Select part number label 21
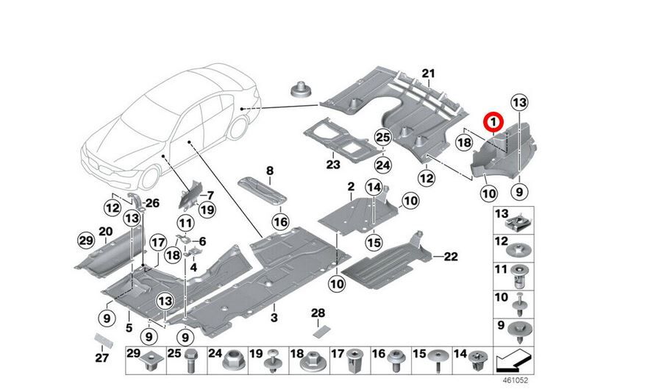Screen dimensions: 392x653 [429, 73]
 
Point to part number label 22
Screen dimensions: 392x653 [451, 256]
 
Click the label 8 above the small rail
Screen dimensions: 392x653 [270, 171]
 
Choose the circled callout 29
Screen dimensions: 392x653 [86, 240]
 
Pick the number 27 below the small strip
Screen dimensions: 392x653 [101, 358]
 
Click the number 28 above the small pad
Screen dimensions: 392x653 [318, 314]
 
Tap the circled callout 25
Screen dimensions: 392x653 [382, 137]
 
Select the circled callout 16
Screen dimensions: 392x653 [279, 221]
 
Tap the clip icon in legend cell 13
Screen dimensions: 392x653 [519, 219]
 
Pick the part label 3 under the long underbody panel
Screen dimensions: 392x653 [274, 318]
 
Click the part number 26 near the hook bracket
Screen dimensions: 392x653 [152, 203]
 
